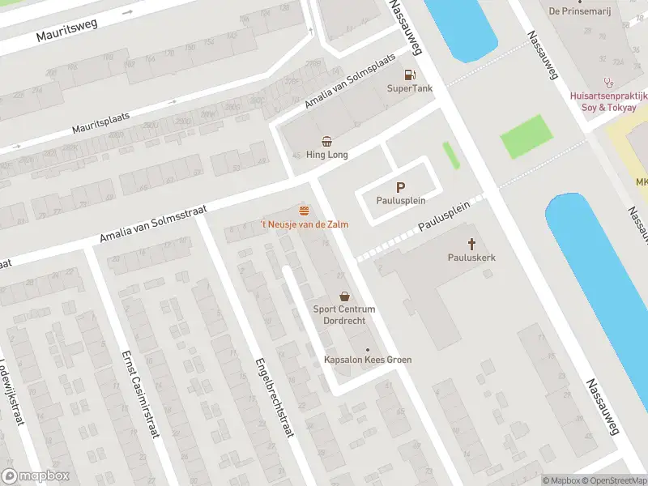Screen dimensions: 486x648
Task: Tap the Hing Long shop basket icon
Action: click(326, 140)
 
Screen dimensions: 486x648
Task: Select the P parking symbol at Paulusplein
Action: click(400, 186)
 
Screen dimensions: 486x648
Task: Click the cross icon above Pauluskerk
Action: click(471, 243)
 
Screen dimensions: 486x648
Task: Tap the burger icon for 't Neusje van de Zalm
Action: click(304, 210)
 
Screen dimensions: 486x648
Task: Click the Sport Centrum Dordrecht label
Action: click(345, 315)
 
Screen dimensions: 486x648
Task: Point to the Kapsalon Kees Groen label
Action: click(368, 360)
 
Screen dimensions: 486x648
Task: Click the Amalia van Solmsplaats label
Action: click(349, 83)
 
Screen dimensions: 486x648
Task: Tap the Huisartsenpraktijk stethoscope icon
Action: click(607, 83)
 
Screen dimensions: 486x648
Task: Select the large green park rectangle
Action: click(524, 137)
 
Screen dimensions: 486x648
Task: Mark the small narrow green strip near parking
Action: click(451, 155)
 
